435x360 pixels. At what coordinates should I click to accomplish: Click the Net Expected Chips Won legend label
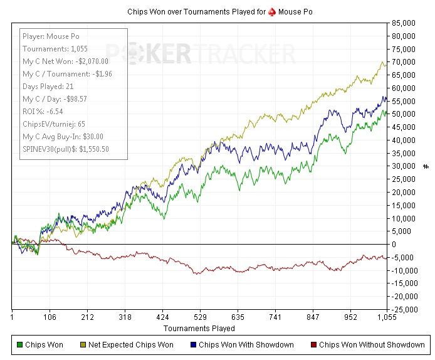pos(131,344)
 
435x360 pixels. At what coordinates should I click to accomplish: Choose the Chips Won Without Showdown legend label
pos(372,344)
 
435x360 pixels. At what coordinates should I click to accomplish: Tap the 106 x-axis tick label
pos(50,317)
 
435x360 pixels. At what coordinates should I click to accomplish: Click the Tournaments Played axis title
pos(199,328)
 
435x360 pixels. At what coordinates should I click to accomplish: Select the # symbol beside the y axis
pos(426,166)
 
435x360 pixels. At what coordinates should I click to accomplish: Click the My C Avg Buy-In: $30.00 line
pos(63,136)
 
